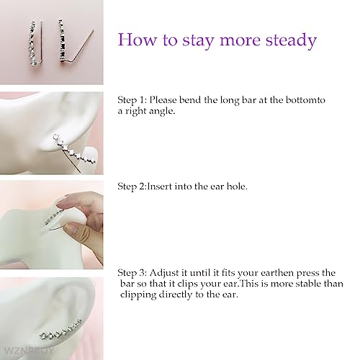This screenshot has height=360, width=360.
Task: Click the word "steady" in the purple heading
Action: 289,40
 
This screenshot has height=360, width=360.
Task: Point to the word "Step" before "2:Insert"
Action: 127,186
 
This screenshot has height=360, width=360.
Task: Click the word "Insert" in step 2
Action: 152,186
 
